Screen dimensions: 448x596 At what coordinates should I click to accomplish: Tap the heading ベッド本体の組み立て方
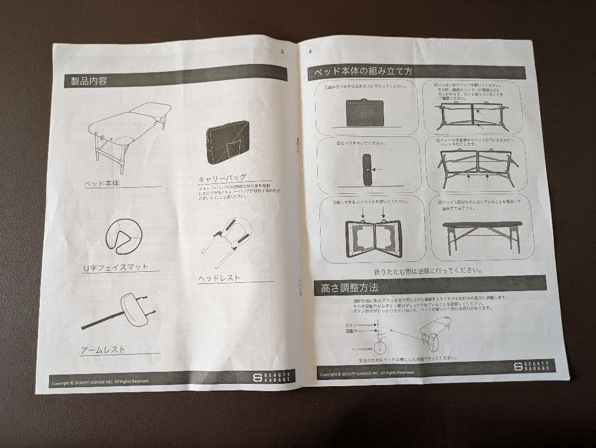[x=363, y=71]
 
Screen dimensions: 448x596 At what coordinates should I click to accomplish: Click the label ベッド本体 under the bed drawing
[x=102, y=183]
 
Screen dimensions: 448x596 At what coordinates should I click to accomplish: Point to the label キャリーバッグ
[x=222, y=178]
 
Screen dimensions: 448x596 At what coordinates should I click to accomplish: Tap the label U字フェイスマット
[x=115, y=267]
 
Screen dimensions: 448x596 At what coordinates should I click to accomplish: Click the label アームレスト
[x=103, y=350]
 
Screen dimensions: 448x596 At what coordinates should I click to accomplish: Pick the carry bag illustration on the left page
[x=227, y=142]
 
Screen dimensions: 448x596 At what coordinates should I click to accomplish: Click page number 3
[x=282, y=51]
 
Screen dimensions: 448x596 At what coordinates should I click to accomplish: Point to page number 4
[x=310, y=51]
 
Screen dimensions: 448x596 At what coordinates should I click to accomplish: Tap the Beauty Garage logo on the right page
[x=533, y=366]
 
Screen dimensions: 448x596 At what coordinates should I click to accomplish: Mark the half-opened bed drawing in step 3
[x=373, y=238]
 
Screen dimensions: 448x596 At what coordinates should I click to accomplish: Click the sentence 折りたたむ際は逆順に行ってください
[x=428, y=271]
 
